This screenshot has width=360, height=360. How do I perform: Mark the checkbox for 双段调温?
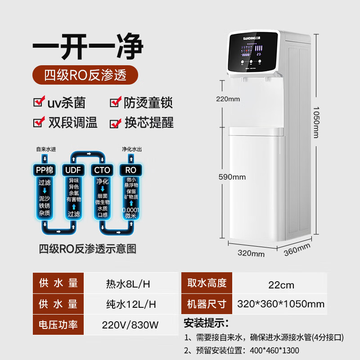click(40, 122)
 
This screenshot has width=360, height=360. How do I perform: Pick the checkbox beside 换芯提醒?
click(116, 122)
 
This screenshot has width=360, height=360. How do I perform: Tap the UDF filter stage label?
click(74, 170)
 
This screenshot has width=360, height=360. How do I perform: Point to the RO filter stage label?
click(130, 170)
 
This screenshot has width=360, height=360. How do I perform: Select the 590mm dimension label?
click(232, 177)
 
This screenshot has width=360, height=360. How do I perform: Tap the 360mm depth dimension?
click(297, 249)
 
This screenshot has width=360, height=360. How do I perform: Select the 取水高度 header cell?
click(207, 283)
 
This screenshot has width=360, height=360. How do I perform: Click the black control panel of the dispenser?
click(253, 53)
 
